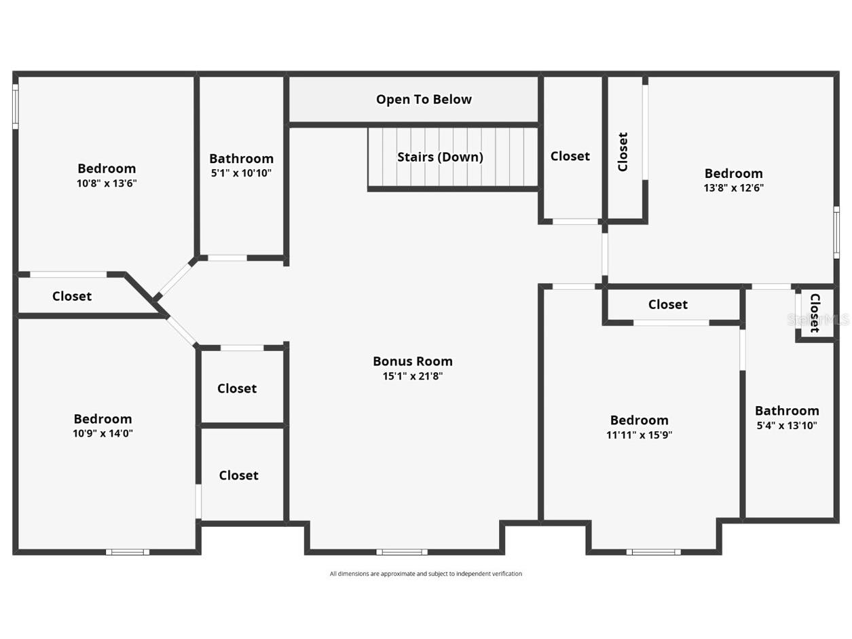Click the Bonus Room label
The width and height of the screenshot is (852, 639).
(x=412, y=361)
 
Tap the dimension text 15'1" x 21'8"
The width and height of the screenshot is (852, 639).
(x=412, y=376)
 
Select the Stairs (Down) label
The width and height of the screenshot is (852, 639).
(x=440, y=157)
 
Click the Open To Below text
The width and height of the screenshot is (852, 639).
(x=424, y=99)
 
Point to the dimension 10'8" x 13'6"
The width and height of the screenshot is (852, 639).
(x=107, y=183)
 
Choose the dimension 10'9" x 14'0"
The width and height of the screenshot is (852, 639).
(x=103, y=433)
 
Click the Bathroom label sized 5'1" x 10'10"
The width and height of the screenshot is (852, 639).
(x=241, y=159)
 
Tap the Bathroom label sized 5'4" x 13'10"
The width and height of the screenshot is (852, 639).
(x=787, y=411)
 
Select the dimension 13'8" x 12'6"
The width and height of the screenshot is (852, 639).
(x=733, y=188)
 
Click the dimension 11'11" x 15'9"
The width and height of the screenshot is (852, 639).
(x=639, y=435)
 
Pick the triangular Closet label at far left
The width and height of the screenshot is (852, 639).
(x=72, y=296)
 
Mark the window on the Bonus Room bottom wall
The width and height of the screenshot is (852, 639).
(x=402, y=552)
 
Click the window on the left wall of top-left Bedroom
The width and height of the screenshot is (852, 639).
(x=15, y=106)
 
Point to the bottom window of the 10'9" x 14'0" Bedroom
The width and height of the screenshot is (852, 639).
(x=128, y=552)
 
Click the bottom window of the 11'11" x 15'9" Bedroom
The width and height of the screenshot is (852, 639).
(x=653, y=552)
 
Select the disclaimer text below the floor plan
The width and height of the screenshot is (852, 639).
(x=426, y=574)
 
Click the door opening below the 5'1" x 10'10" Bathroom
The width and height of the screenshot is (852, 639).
(x=227, y=258)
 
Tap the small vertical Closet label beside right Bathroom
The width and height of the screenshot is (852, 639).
(x=815, y=313)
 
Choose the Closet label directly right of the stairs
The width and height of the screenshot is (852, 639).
(x=570, y=156)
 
